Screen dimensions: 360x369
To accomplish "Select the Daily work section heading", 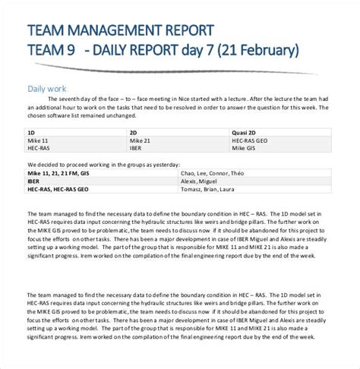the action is pyautogui.click(x=46, y=88).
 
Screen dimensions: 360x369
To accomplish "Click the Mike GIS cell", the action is pyautogui.click(x=245, y=149).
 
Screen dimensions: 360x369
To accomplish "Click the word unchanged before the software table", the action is pyautogui.click(x=104, y=117).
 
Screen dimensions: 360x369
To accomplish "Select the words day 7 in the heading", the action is pyautogui.click(x=194, y=51).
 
